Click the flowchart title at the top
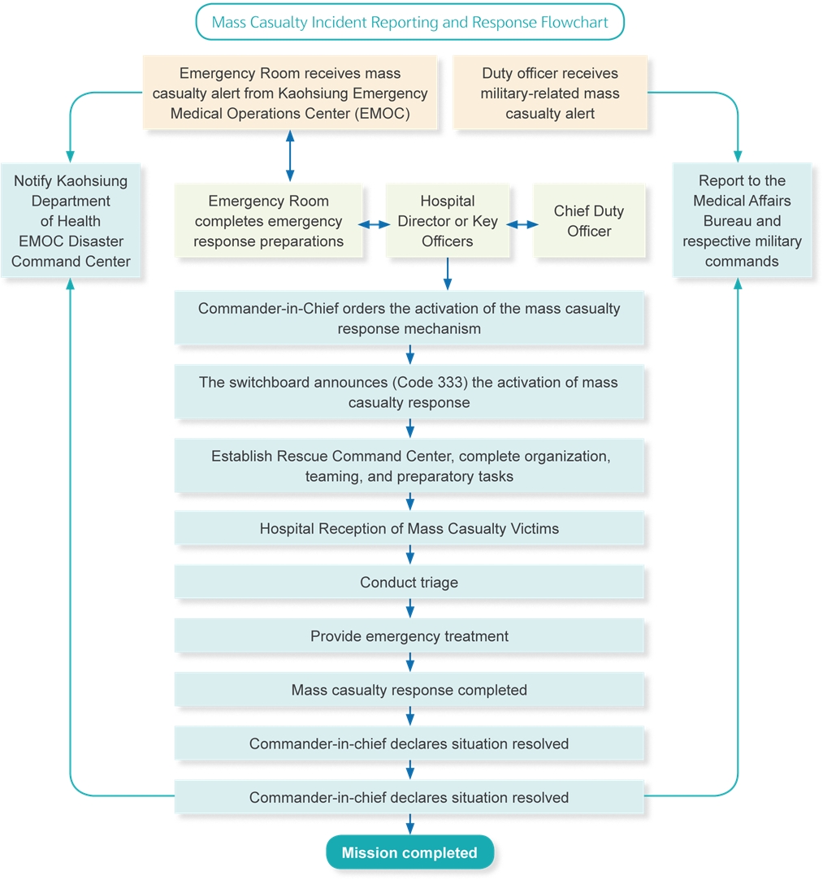click(x=409, y=22)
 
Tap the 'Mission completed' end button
click(x=409, y=852)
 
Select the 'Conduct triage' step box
click(x=409, y=583)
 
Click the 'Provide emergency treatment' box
click(x=409, y=636)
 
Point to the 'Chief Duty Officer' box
click(x=589, y=221)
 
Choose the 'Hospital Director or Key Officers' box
click(x=448, y=221)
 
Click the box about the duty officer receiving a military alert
click(x=550, y=93)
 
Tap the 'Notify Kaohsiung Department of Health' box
click(x=71, y=221)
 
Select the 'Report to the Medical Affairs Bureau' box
click(x=742, y=221)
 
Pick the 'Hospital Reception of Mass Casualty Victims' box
click(x=409, y=529)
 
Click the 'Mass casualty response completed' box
click(x=409, y=690)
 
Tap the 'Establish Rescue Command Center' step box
click(x=409, y=466)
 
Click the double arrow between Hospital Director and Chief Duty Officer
click(x=522, y=223)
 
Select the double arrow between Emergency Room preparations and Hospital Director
click(x=375, y=223)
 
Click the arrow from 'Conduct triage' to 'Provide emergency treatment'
click(x=409, y=608)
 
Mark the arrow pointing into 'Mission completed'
click(x=409, y=824)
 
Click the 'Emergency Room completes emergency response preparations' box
click(x=269, y=221)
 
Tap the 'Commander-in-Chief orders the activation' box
click(x=409, y=319)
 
